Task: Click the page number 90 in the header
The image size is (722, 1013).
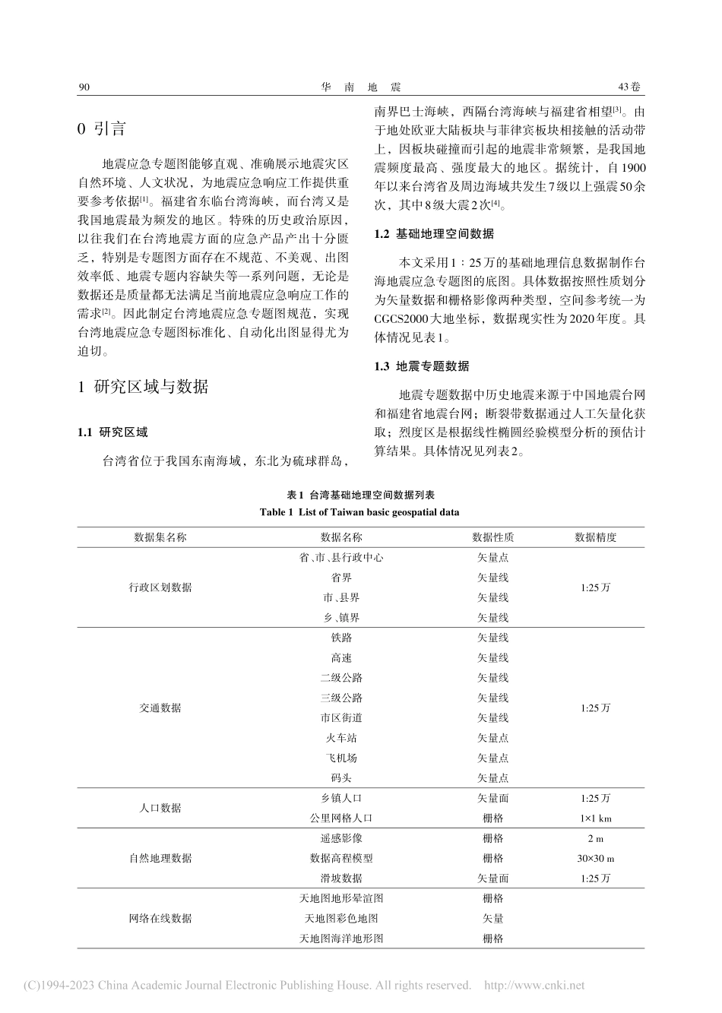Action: (x=84, y=87)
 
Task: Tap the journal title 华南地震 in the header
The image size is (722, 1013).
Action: (x=360, y=87)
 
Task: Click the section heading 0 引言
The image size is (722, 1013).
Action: (x=102, y=128)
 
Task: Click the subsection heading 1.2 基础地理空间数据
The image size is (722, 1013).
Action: (x=434, y=234)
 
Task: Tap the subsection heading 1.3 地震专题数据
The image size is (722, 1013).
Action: (x=422, y=366)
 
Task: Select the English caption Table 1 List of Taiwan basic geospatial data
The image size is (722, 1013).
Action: (x=359, y=512)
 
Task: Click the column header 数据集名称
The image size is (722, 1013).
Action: (x=160, y=537)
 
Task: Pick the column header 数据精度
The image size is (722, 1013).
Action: (x=595, y=537)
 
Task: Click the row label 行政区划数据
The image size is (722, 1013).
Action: (x=160, y=587)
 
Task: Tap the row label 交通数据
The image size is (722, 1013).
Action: (x=160, y=708)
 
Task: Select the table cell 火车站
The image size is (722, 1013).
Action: (x=341, y=738)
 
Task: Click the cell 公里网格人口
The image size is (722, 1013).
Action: (x=341, y=818)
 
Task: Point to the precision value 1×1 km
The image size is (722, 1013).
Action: (x=595, y=818)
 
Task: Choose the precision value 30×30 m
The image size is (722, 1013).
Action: (x=595, y=858)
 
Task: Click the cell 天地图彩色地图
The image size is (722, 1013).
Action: (x=341, y=918)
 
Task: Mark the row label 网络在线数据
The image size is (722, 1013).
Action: (x=160, y=918)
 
